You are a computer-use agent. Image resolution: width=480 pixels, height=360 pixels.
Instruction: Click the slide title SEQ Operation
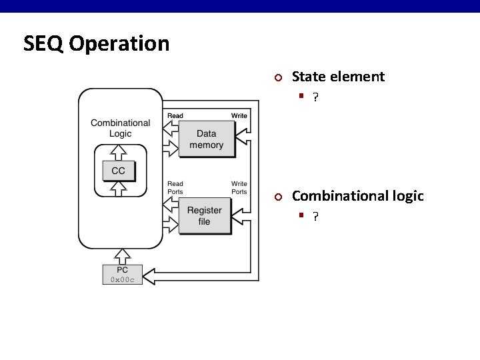pyautogui.click(x=96, y=44)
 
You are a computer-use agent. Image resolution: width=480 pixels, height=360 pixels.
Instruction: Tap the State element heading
pyautogui.click(x=338, y=77)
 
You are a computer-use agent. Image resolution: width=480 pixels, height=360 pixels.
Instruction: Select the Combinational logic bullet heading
pyautogui.click(x=357, y=196)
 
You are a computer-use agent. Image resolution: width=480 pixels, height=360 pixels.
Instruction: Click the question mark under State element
pyautogui.click(x=315, y=97)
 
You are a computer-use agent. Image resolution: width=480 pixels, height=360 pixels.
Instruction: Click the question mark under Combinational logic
pyautogui.click(x=315, y=217)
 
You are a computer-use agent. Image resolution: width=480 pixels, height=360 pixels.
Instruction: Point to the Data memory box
pyautogui.click(x=206, y=139)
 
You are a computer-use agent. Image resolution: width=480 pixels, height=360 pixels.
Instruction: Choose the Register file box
pyautogui.click(x=204, y=216)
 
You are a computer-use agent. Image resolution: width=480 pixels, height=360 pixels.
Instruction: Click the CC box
pyautogui.click(x=118, y=171)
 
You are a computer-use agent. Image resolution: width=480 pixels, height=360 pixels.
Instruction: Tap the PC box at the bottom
pyautogui.click(x=122, y=274)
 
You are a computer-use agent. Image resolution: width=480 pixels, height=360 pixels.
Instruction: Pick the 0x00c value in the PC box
pyautogui.click(x=122, y=279)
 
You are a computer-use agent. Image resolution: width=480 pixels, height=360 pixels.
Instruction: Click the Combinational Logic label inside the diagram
pyautogui.click(x=121, y=128)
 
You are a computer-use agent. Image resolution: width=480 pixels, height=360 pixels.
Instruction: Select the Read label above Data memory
pyautogui.click(x=175, y=116)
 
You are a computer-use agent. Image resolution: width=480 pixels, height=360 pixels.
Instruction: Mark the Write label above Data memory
pyautogui.click(x=239, y=116)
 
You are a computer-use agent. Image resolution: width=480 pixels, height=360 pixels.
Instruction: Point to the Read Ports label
pyautogui.click(x=175, y=187)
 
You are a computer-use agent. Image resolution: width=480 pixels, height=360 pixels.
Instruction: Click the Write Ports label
pyautogui.click(x=239, y=187)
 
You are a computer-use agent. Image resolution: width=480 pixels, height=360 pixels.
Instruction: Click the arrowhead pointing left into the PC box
pyautogui.click(x=151, y=275)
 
